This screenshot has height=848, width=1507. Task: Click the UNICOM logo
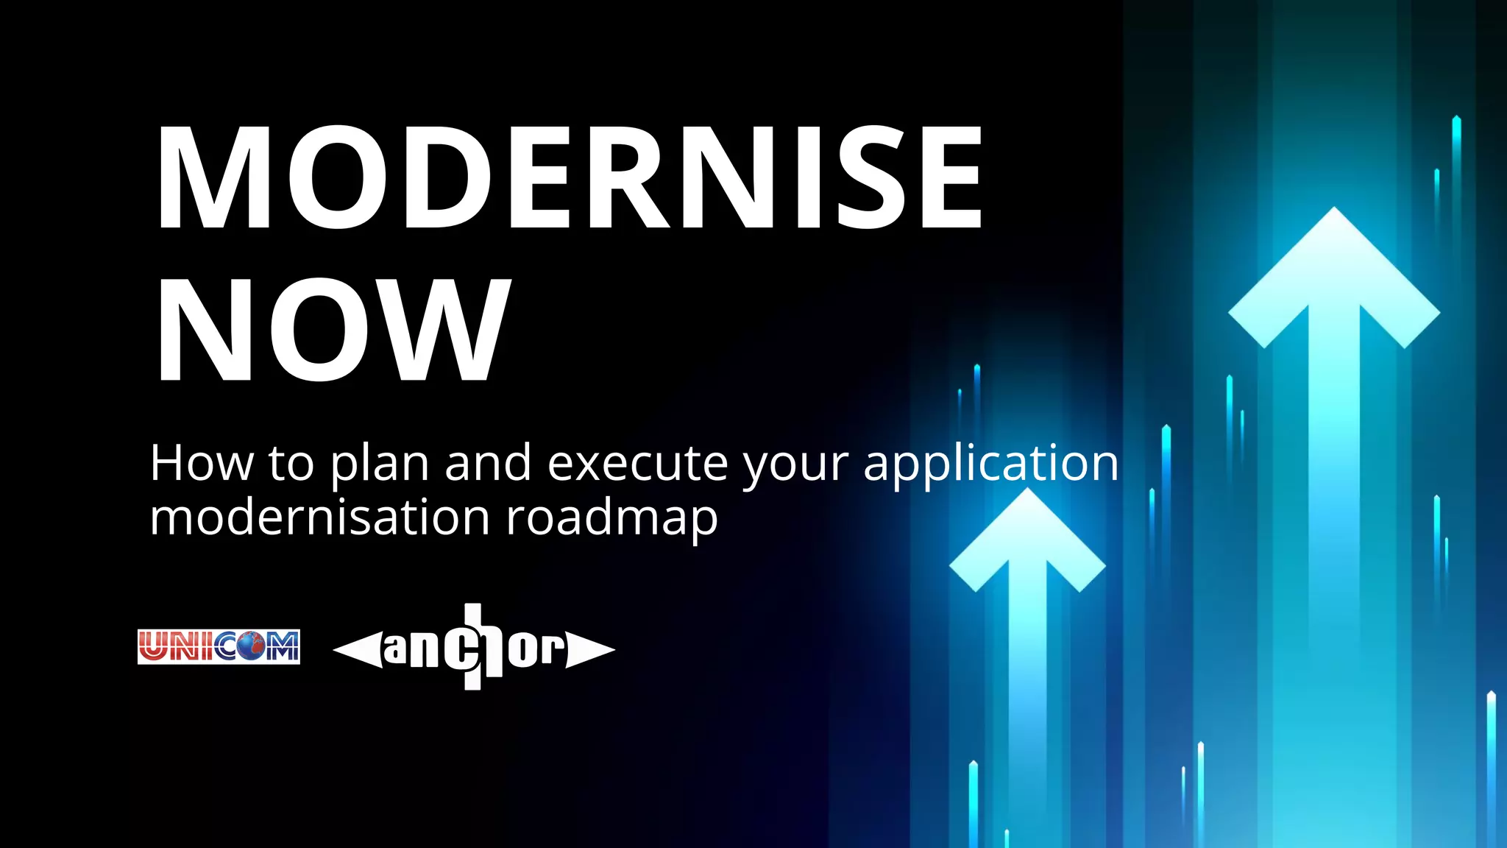point(219,647)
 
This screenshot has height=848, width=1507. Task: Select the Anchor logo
point(474,648)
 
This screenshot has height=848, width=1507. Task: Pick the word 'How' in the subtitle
point(201,464)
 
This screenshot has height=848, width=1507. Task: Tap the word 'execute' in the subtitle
point(637,464)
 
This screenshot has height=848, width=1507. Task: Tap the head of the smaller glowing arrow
point(1027,537)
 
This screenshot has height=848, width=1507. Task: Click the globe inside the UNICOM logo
point(249,648)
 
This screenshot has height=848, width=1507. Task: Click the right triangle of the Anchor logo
point(591,649)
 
